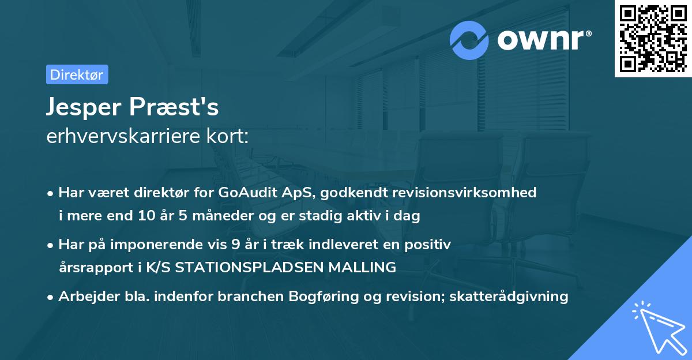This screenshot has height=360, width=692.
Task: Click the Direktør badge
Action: click(77, 74)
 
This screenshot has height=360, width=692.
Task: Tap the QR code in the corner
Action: click(653, 38)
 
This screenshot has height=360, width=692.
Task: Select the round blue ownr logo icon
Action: click(469, 40)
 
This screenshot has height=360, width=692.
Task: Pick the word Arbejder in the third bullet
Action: click(84, 297)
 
